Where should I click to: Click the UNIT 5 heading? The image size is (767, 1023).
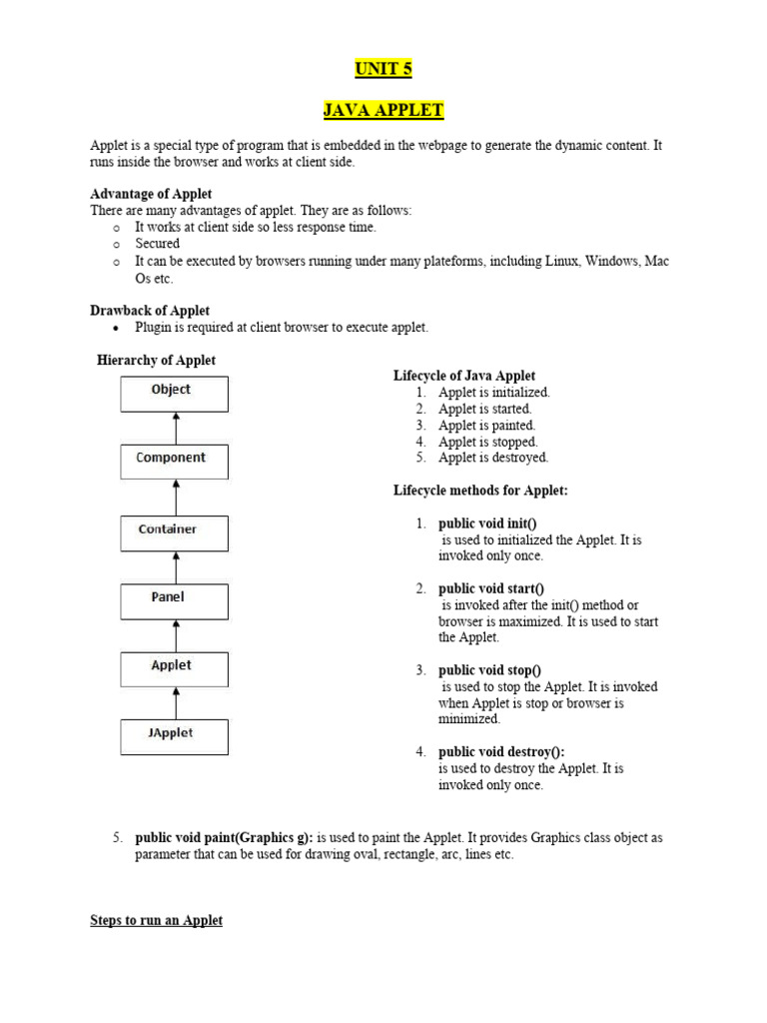pyautogui.click(x=383, y=69)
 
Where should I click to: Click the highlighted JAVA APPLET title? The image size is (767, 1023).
pyautogui.click(x=383, y=110)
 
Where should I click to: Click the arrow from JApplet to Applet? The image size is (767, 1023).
pyautogui.click(x=176, y=702)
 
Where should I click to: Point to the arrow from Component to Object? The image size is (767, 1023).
pyautogui.click(x=176, y=428)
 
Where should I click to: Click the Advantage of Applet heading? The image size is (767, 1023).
pyautogui.click(x=151, y=194)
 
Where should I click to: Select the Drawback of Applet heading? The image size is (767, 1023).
pyautogui.click(x=150, y=311)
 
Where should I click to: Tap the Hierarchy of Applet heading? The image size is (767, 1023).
pyautogui.click(x=156, y=360)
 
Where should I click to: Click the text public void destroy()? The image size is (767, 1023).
pyautogui.click(x=494, y=752)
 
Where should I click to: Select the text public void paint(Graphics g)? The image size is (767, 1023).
pyautogui.click(x=225, y=837)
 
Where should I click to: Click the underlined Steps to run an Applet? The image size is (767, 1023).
pyautogui.click(x=156, y=920)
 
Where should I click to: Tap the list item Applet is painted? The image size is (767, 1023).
pyautogui.click(x=486, y=425)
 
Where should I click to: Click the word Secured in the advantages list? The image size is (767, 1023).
pyautogui.click(x=158, y=243)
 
